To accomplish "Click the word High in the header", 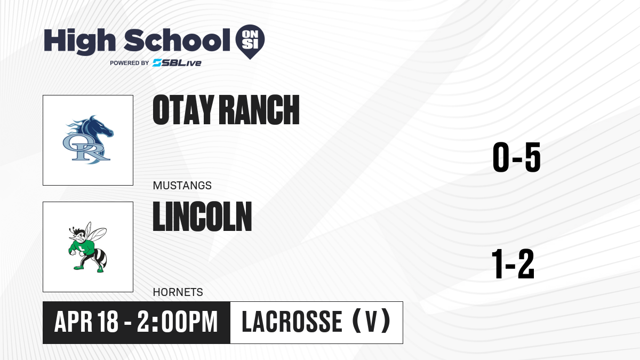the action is pos(80,42).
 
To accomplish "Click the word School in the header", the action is pos(177,41).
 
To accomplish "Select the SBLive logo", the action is pos(177,63).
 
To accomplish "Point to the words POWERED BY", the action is pos(130,63).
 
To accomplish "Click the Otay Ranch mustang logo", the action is pos(88,140).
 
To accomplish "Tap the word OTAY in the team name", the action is pos(183,110).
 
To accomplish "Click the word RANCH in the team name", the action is pos(259,110).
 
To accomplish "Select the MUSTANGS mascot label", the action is pos(182,186).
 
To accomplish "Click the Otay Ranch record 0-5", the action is pos(517,157).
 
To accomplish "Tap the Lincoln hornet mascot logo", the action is pos(88,247).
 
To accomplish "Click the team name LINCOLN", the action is pos(202,216).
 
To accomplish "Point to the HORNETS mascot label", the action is pos(178,292).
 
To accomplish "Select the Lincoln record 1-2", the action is pos(513,263).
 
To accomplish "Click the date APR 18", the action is pos(86,322).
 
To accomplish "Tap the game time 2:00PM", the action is pos(178,322).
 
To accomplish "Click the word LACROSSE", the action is pos(292,322).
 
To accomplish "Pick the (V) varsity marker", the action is pos(371,321).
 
